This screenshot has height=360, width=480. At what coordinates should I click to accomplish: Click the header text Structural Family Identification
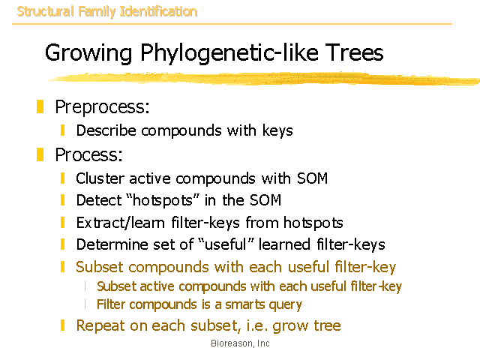(x=107, y=12)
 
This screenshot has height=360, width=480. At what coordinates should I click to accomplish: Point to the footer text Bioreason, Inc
(x=240, y=343)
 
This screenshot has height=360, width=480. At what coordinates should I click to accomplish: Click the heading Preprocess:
(x=102, y=107)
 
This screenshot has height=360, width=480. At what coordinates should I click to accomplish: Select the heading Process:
(x=88, y=154)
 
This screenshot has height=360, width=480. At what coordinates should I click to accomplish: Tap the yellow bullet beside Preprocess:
(x=40, y=106)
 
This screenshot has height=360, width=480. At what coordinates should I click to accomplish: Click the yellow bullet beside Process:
(x=40, y=154)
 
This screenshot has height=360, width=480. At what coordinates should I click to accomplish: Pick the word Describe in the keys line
(x=106, y=130)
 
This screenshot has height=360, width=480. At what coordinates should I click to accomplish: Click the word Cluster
(x=100, y=178)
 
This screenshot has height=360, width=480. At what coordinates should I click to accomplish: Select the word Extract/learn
(x=120, y=223)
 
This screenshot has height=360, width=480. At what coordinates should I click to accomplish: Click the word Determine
(x=112, y=244)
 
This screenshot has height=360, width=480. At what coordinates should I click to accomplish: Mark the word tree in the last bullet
(x=327, y=325)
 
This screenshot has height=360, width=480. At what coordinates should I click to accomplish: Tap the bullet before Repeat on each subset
(x=62, y=325)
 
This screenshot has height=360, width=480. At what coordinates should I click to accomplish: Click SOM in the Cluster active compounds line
(x=312, y=178)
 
